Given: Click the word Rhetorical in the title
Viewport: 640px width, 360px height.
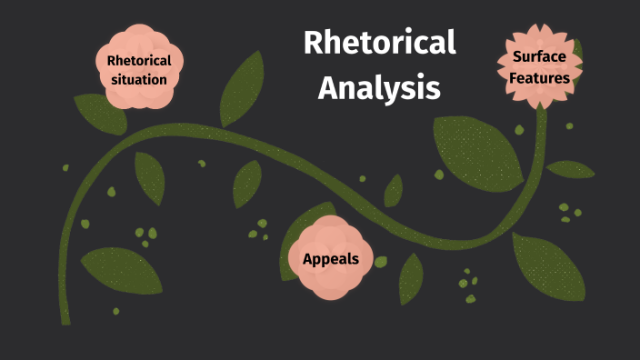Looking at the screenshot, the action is click(x=379, y=44).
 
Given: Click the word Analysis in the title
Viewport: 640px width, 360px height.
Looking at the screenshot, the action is click(x=380, y=88).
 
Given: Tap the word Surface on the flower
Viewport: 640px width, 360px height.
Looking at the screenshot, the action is click(x=539, y=56).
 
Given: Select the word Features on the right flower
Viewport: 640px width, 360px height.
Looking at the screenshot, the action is click(x=539, y=78).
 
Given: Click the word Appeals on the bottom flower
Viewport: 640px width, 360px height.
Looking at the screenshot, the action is click(x=330, y=259).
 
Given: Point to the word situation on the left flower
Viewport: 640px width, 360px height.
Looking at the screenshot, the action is click(x=139, y=80).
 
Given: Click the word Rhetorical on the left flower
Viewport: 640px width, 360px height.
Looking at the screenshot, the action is click(x=139, y=61).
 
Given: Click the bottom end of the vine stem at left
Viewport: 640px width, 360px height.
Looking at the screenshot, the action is click(x=65, y=318).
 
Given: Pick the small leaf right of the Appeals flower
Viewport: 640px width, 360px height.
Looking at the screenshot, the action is click(x=411, y=278).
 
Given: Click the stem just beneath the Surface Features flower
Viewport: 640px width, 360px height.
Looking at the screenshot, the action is click(x=542, y=123).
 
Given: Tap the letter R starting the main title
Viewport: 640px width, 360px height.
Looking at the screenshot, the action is click(x=313, y=44).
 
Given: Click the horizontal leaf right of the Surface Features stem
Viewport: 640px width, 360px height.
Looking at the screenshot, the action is click(x=570, y=169).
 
